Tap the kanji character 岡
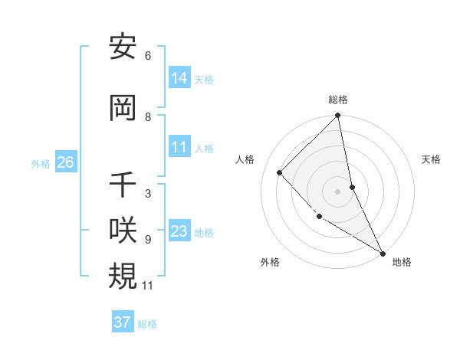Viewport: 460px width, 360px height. (123, 108)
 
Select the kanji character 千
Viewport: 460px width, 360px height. (123, 185)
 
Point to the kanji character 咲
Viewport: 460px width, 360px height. (123, 231)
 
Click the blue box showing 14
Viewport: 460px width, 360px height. (179, 78)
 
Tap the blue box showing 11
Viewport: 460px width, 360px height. (179, 147)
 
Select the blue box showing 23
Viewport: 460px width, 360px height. (179, 231)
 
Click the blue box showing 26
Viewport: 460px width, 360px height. (65, 162)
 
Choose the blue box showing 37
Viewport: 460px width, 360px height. (123, 322)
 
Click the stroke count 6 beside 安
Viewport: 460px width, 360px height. (148, 56)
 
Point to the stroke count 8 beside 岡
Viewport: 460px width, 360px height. (148, 117)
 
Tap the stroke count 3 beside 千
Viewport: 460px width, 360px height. (148, 194)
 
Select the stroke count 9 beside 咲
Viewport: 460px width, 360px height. (148, 240)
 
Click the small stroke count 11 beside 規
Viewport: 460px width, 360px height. (149, 286)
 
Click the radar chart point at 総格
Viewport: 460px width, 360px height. (338, 116)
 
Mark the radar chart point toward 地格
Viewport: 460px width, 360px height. (383, 253)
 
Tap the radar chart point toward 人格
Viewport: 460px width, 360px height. (280, 172)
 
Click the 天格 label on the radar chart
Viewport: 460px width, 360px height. (432, 159)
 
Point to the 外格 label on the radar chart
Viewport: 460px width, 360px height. (270, 262)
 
